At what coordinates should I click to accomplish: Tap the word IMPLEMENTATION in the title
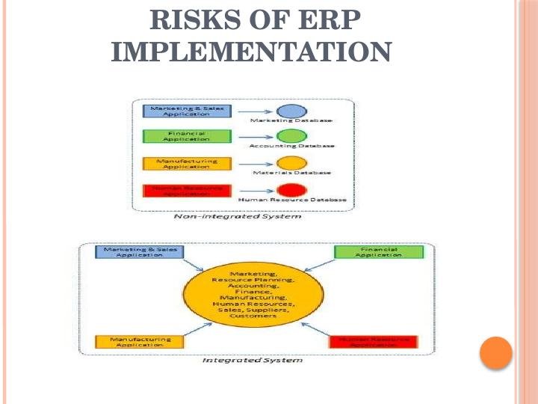[x=251, y=52]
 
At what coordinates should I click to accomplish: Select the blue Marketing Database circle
[x=291, y=111]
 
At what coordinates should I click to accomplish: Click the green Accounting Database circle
[x=291, y=136]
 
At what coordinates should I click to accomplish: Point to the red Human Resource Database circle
[x=291, y=190]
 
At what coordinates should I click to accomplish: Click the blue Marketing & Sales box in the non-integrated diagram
[x=187, y=111]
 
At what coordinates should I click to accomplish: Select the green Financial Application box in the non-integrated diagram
[x=187, y=136]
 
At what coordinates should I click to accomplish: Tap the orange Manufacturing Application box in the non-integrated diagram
[x=187, y=163]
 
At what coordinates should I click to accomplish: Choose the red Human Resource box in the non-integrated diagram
[x=187, y=190]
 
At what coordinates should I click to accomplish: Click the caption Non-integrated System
[x=237, y=218]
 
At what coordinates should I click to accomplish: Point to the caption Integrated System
[x=253, y=361]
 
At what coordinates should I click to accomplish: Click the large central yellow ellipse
[x=253, y=295]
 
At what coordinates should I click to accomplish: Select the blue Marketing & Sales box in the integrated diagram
[x=139, y=252]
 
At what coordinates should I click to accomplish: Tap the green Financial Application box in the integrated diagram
[x=378, y=252]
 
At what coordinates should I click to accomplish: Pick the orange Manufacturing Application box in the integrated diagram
[x=140, y=342]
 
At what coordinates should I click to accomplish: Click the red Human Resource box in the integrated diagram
[x=374, y=342]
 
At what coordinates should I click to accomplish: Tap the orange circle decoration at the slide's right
[x=496, y=352]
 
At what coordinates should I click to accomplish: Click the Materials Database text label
[x=292, y=173]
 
